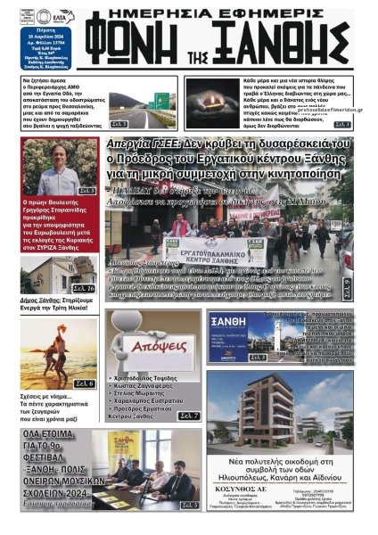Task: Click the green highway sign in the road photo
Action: point(161,100)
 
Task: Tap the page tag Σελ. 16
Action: point(85,288)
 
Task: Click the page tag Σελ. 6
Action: point(85,383)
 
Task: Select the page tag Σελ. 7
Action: point(189,416)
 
